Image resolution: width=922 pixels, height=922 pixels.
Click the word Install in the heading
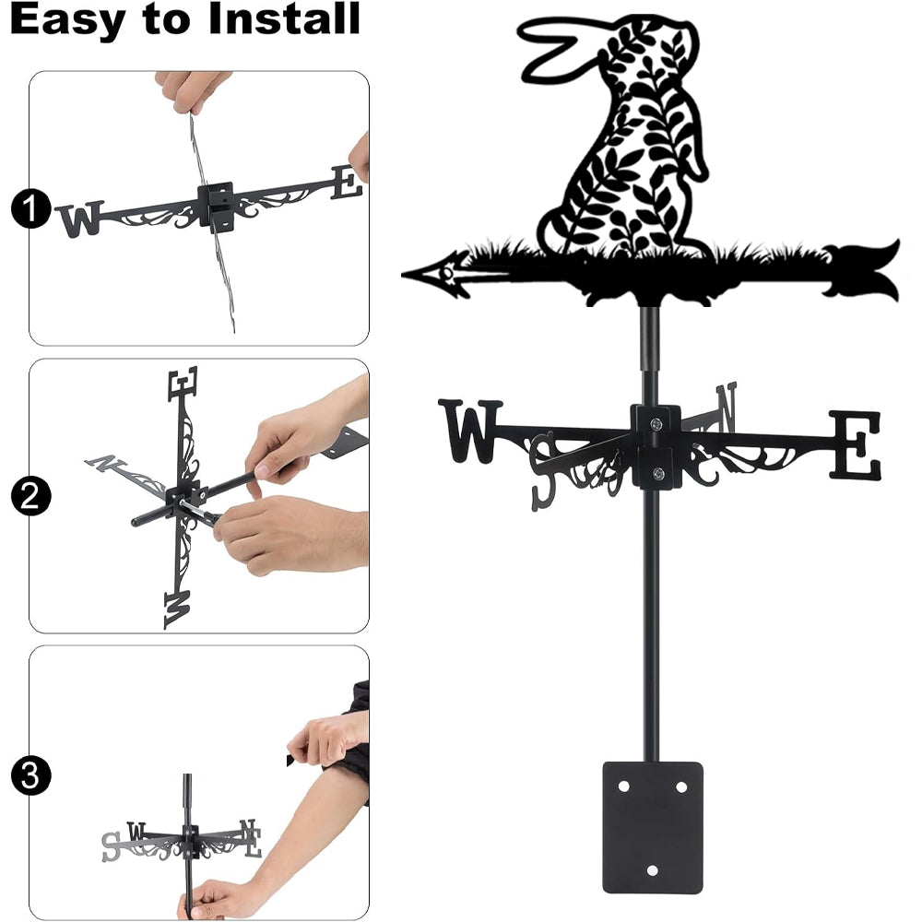point(284,18)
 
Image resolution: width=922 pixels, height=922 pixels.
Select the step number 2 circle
point(30,496)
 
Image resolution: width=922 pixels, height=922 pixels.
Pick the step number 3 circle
point(30,776)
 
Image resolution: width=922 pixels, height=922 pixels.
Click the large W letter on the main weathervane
point(470,431)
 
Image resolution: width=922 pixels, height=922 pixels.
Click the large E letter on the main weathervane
point(856,444)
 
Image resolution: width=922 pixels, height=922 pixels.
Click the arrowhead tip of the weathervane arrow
point(404,274)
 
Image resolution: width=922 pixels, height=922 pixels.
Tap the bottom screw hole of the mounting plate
point(652,870)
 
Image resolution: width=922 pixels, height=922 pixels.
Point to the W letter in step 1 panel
point(80,219)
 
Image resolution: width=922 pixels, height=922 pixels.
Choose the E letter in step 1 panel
point(347,182)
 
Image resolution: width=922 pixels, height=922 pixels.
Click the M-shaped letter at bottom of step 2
point(177,609)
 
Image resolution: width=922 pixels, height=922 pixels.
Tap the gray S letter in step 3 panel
point(112,846)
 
